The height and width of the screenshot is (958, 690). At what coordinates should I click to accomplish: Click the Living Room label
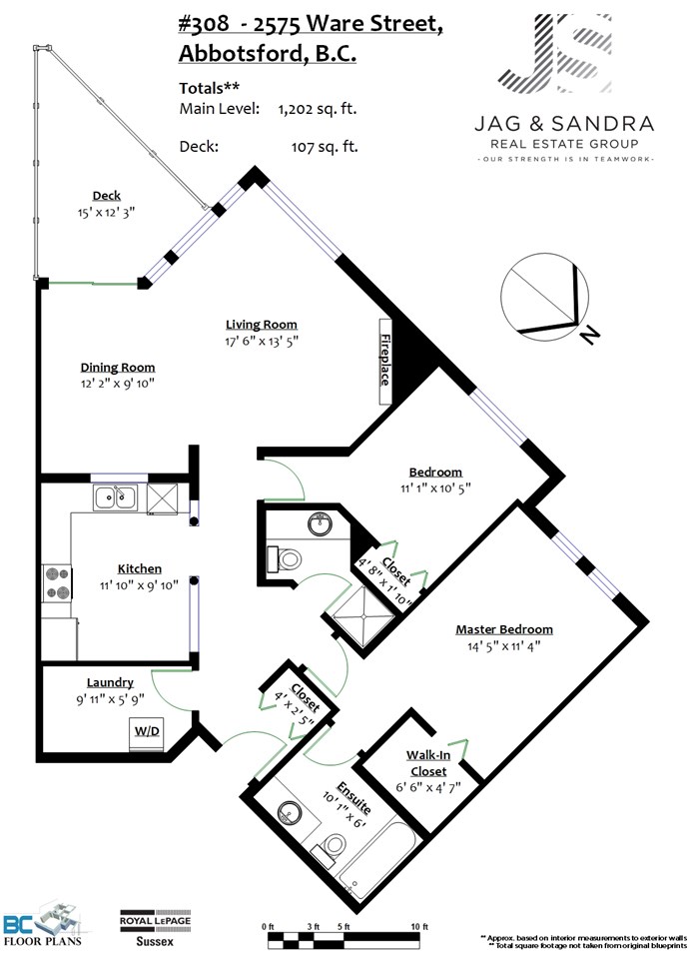[261, 324]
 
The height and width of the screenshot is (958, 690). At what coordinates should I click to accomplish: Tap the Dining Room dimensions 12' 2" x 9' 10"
[118, 384]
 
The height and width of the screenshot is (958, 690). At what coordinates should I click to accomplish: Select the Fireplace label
[384, 360]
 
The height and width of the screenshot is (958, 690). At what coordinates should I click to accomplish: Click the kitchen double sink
[117, 496]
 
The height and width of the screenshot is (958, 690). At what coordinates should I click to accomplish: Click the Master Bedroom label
[503, 629]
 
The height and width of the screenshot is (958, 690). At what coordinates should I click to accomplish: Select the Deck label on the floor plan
[106, 196]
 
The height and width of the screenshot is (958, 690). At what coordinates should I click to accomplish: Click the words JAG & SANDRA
[563, 124]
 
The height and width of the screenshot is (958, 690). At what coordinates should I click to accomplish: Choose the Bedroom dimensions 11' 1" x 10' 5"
[435, 488]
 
